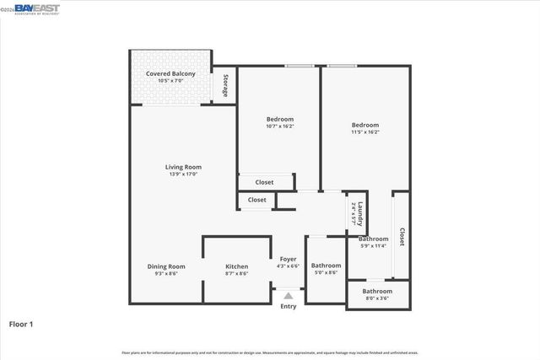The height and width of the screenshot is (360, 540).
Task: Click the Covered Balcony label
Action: point(170,73)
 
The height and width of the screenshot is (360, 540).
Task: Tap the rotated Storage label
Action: point(225,86)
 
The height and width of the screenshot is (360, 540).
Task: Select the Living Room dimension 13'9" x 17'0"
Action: point(183,175)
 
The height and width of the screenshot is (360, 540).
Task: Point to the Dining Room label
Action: point(165,266)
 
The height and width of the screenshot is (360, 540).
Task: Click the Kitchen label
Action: point(236,266)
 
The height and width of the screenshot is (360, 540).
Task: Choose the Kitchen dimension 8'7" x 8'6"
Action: point(236,274)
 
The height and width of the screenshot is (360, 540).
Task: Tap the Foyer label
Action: point(288,259)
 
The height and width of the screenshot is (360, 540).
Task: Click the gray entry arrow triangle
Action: point(289,296)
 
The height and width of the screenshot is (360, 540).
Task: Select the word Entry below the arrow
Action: point(289,306)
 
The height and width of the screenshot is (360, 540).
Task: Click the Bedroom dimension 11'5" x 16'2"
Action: point(364,132)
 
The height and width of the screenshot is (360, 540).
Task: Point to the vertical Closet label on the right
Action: point(402,236)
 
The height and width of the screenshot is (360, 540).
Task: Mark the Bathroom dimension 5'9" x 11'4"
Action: point(373,246)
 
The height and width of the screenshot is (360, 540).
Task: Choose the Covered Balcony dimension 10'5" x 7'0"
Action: point(170,81)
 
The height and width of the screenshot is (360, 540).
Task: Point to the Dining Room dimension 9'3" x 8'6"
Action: point(165,274)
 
